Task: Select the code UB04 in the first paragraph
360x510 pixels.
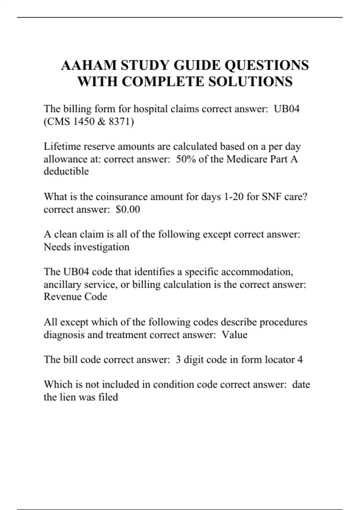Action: click(x=287, y=109)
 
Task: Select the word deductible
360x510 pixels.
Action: click(x=66, y=171)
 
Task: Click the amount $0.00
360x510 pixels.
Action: click(x=128, y=209)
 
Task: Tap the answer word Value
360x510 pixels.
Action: click(x=235, y=334)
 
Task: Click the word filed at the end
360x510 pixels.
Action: click(x=108, y=397)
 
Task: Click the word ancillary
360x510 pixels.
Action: click(x=62, y=284)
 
